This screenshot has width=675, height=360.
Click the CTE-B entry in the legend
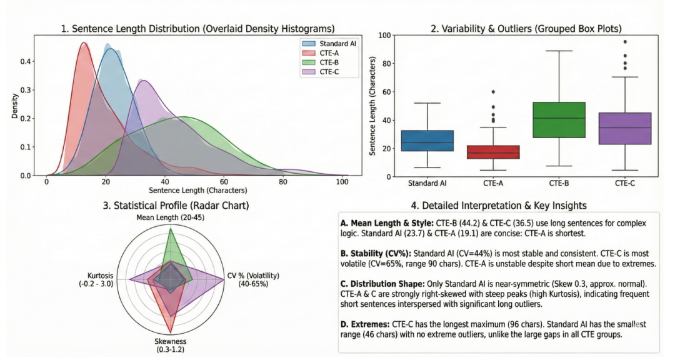point(328,62)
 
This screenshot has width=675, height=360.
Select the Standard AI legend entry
point(332,44)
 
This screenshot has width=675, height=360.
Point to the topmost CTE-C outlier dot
point(625,42)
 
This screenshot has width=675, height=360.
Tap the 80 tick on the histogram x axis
point(283,182)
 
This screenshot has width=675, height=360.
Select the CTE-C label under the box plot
point(625,184)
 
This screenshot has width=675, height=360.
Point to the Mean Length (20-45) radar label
point(171,217)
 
